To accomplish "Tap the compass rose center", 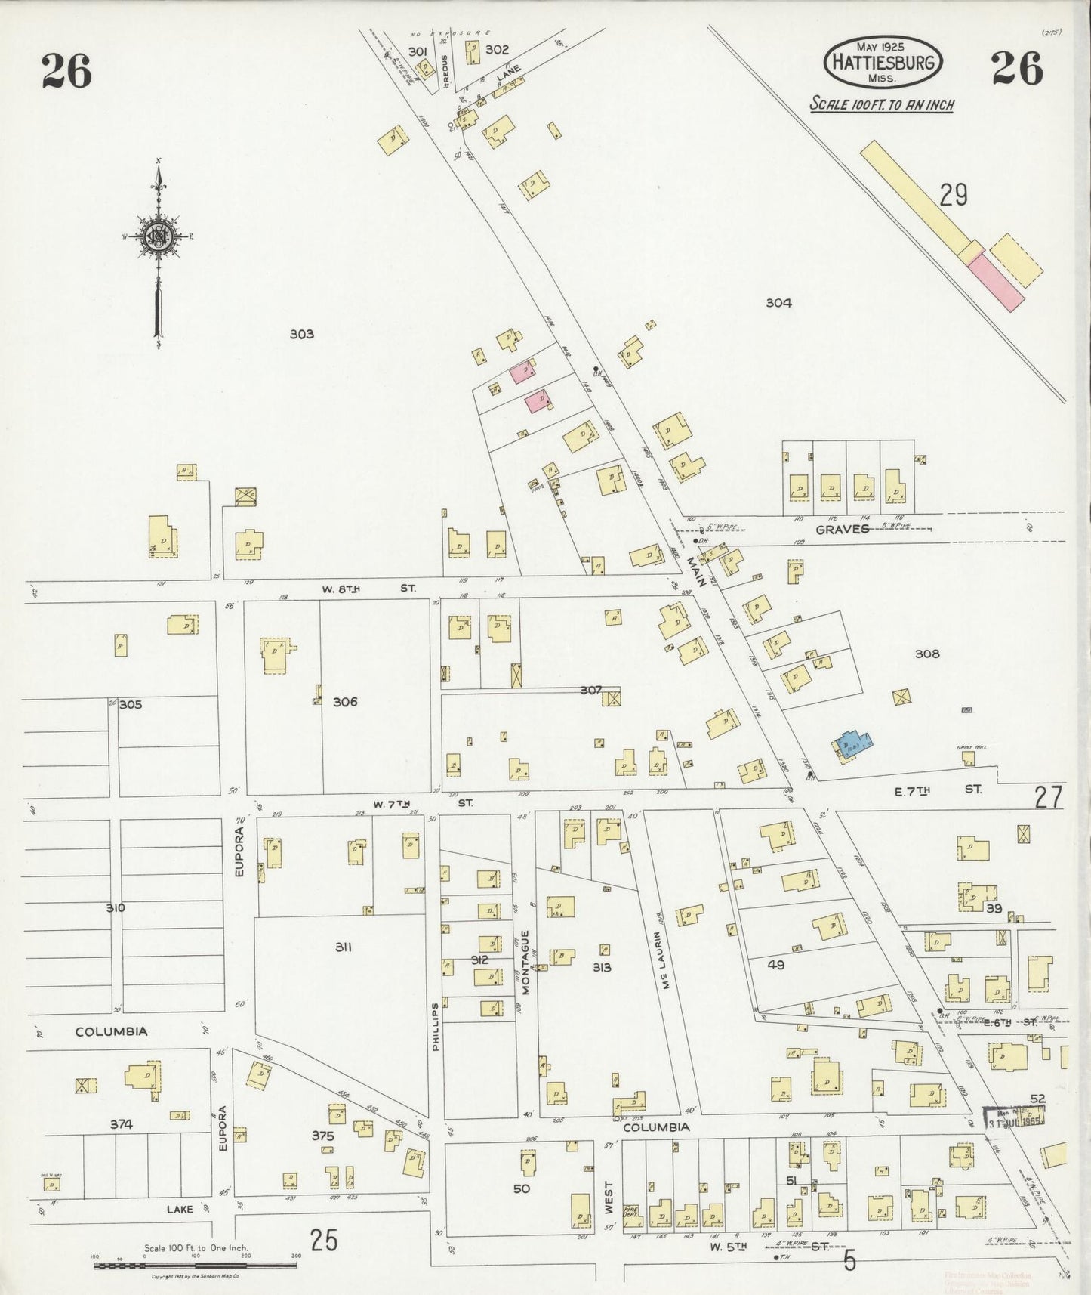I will pyautogui.click(x=159, y=236).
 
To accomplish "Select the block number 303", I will pyautogui.click(x=301, y=334).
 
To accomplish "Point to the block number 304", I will pyautogui.click(x=778, y=303).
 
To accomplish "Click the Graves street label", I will pyautogui.click(x=842, y=530).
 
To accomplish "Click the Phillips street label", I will pyautogui.click(x=435, y=1028).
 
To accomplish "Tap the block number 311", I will pyautogui.click(x=344, y=947).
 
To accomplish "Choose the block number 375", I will pyautogui.click(x=322, y=1136).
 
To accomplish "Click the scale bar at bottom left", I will pyautogui.click(x=195, y=1265).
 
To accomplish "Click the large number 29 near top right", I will pyautogui.click(x=954, y=196).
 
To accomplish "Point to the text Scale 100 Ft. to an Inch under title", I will pyautogui.click(x=881, y=105).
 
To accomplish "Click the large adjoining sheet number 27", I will pyautogui.click(x=1049, y=797).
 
